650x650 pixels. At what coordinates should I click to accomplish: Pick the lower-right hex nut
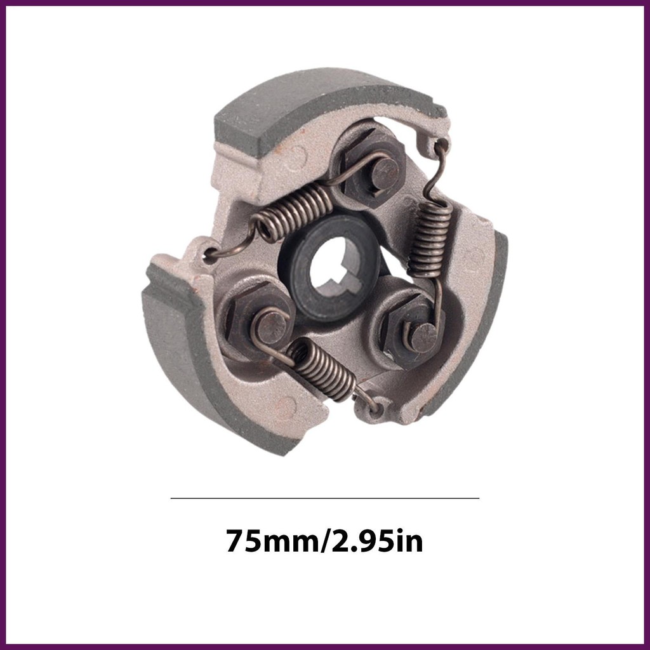click(413, 331)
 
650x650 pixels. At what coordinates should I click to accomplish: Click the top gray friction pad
click(328, 108)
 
